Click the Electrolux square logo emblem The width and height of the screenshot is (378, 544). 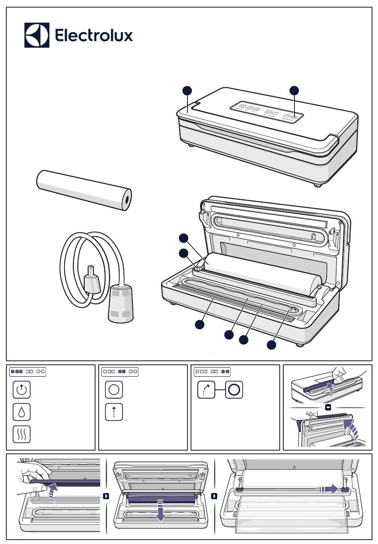[37, 35]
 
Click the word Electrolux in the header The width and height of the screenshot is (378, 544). [94, 35]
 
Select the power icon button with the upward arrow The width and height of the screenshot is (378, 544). [21, 389]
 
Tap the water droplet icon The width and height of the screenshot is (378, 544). [21, 412]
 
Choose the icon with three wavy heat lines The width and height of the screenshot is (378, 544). [21, 434]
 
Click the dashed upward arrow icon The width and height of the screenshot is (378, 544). [114, 412]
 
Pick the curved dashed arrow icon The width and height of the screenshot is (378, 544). [206, 389]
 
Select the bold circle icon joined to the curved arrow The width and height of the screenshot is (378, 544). [234, 389]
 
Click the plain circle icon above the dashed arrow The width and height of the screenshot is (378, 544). [114, 389]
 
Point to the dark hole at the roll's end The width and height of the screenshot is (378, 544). [127, 199]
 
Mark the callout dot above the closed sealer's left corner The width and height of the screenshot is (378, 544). [187, 91]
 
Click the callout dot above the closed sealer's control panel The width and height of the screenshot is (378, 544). [294, 90]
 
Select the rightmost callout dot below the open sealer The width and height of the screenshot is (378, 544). [271, 345]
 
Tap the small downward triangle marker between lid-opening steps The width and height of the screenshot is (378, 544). [328, 407]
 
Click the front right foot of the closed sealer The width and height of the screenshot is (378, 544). [317, 185]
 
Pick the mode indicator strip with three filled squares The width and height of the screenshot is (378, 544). [27, 372]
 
